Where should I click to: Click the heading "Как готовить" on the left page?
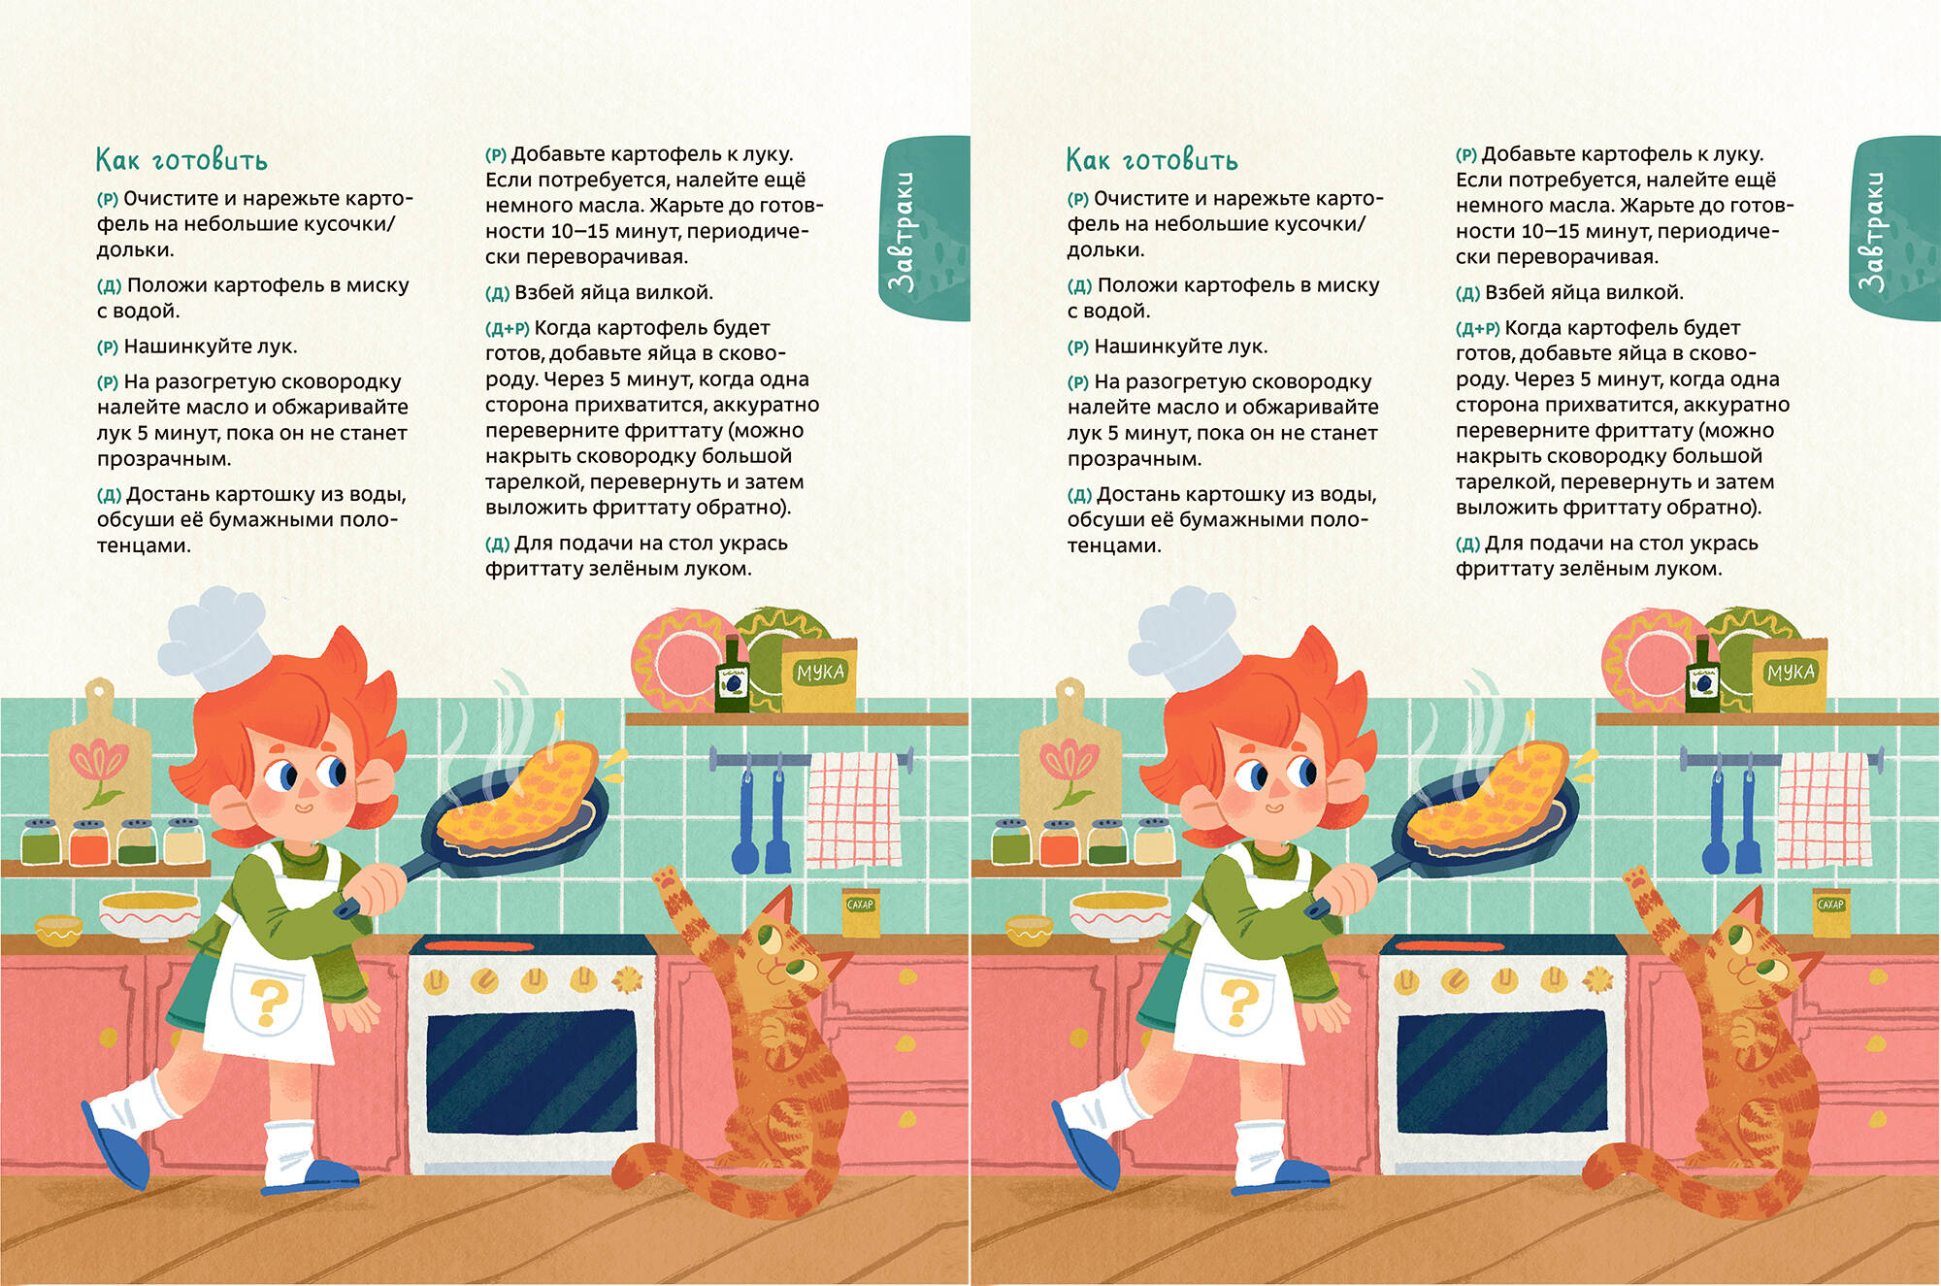[181, 160]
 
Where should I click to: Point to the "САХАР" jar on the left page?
[860, 912]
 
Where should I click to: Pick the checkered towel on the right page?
[1825, 809]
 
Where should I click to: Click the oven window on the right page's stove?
[1498, 1072]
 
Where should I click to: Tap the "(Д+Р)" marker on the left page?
[507, 329]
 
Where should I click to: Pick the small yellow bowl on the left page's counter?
[59, 931]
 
